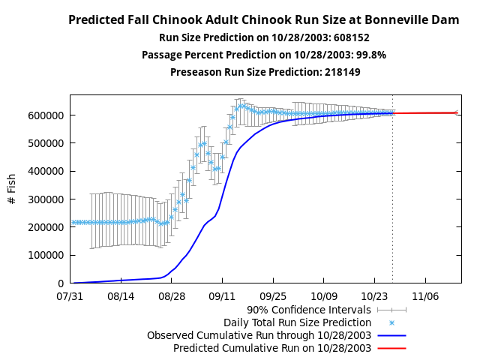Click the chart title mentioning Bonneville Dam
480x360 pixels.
point(263,20)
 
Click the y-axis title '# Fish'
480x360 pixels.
point(12,189)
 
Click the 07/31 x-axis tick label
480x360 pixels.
point(70,296)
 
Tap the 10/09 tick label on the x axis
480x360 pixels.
point(324,296)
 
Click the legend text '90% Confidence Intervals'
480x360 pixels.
point(309,309)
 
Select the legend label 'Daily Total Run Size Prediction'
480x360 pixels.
point(297,322)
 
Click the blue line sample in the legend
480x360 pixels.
point(391,335)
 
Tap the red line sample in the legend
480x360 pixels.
point(391,348)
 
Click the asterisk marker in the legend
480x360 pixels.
point(391,322)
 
